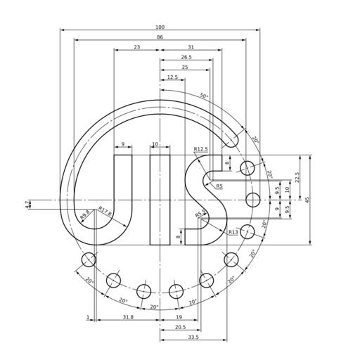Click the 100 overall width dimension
coord(160,27)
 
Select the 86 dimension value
coord(160,37)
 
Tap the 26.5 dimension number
coord(186,57)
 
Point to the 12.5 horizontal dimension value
coord(172,77)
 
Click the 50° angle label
coord(204,96)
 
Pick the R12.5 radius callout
coord(200,149)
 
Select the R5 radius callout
coord(219,186)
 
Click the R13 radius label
coord(233,232)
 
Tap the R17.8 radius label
coord(105,211)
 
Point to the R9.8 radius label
coord(84,214)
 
